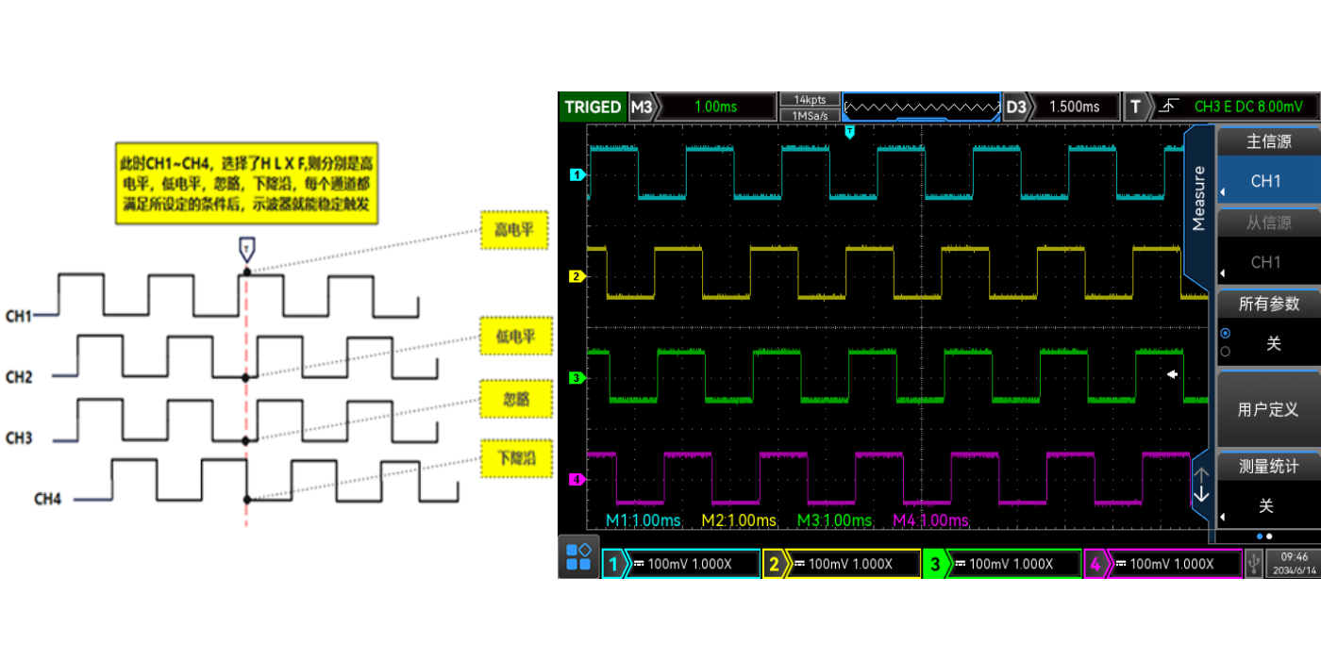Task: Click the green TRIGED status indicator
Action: [593, 107]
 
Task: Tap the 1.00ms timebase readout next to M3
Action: [714, 107]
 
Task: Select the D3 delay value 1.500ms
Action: [1074, 107]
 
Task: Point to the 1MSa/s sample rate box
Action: [810, 115]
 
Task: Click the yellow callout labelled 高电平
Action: [514, 230]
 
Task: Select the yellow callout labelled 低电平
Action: [514, 336]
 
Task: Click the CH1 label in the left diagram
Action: [19, 316]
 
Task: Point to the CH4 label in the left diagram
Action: [47, 498]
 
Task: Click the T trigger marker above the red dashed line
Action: [246, 249]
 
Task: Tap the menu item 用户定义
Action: [1267, 410]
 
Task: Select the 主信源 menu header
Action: [1267, 142]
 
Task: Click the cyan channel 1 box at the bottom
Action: [681, 564]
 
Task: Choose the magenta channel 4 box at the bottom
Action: [1163, 564]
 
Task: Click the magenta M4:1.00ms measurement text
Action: [930, 520]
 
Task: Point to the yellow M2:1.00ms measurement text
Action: [739, 520]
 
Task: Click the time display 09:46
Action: [1294, 557]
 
